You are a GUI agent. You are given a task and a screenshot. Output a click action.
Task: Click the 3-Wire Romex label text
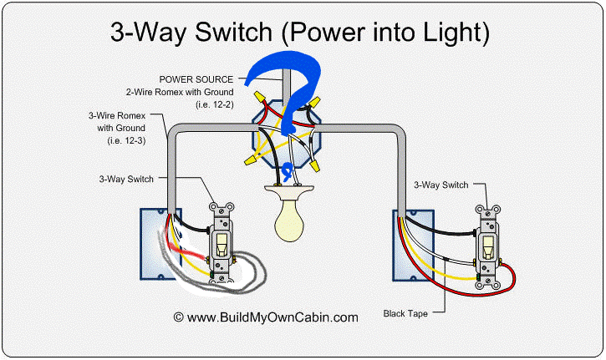click(x=116, y=116)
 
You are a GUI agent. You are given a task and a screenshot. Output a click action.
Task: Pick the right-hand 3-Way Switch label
click(x=444, y=183)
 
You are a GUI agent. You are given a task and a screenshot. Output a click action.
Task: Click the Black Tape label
click(x=405, y=313)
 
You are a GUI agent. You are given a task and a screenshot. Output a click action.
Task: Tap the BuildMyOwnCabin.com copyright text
click(x=266, y=317)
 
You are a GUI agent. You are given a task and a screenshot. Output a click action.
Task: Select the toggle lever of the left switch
click(x=222, y=244)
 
